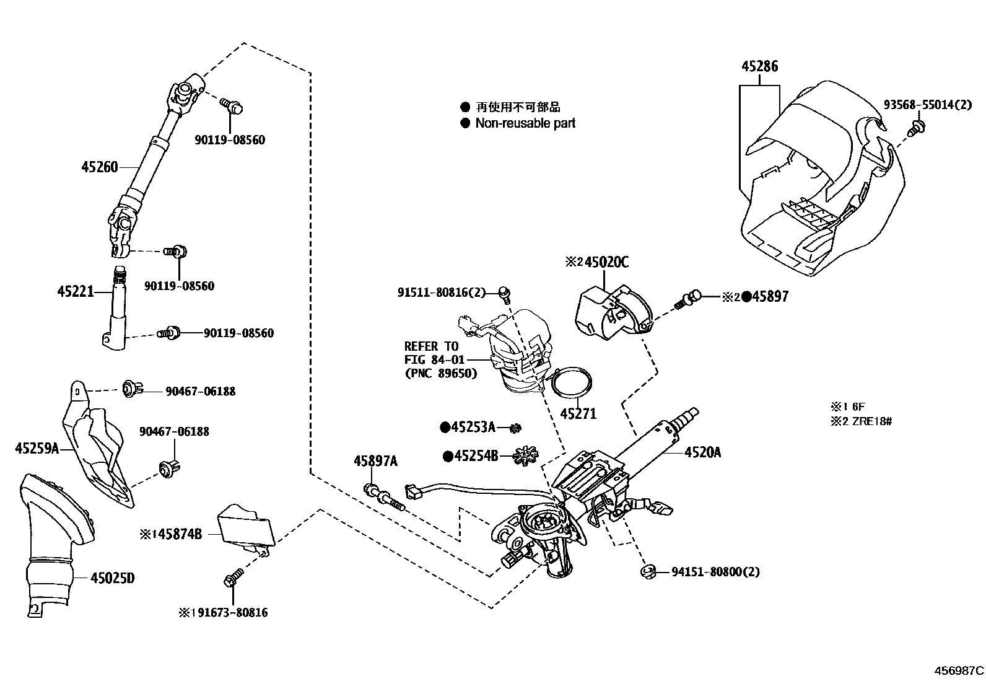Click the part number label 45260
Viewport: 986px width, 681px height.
tap(99, 167)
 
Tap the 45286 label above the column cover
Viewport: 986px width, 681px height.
tap(759, 66)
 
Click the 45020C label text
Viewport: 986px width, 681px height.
tap(606, 263)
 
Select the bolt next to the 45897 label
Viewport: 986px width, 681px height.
tap(689, 299)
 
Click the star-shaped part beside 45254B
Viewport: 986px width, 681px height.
tap(525, 455)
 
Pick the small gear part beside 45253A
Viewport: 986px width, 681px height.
tap(514, 428)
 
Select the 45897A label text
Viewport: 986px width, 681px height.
tap(376, 461)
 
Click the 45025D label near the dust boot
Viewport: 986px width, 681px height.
tap(112, 579)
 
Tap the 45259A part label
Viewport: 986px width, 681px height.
tap(37, 448)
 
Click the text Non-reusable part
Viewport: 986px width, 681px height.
tap(525, 123)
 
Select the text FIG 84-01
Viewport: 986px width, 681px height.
tap(432, 359)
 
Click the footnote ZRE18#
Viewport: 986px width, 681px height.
tap(872, 421)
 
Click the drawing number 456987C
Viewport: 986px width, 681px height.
tap(959, 670)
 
